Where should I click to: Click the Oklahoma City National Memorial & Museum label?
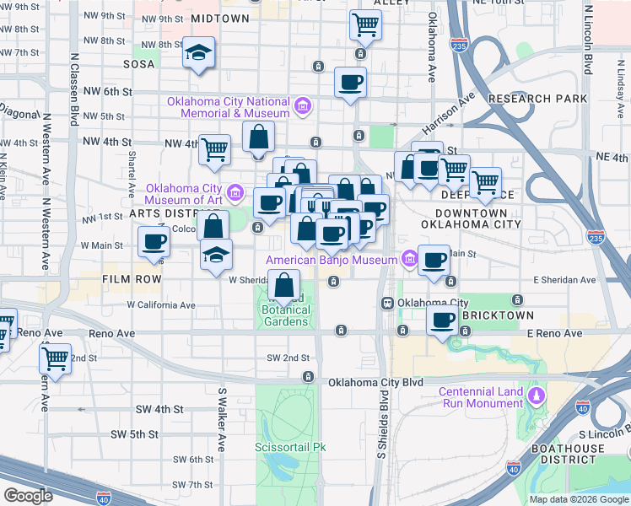228,107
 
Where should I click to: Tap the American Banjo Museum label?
332,260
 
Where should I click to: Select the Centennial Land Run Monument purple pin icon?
534,395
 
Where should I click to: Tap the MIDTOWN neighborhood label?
220,18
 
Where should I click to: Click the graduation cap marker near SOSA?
199,52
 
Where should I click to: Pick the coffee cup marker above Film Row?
154,242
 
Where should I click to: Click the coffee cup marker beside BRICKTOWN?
442,320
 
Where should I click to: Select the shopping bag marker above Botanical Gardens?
285,284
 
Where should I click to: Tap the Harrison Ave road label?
444,119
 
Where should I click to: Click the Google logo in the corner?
29,496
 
